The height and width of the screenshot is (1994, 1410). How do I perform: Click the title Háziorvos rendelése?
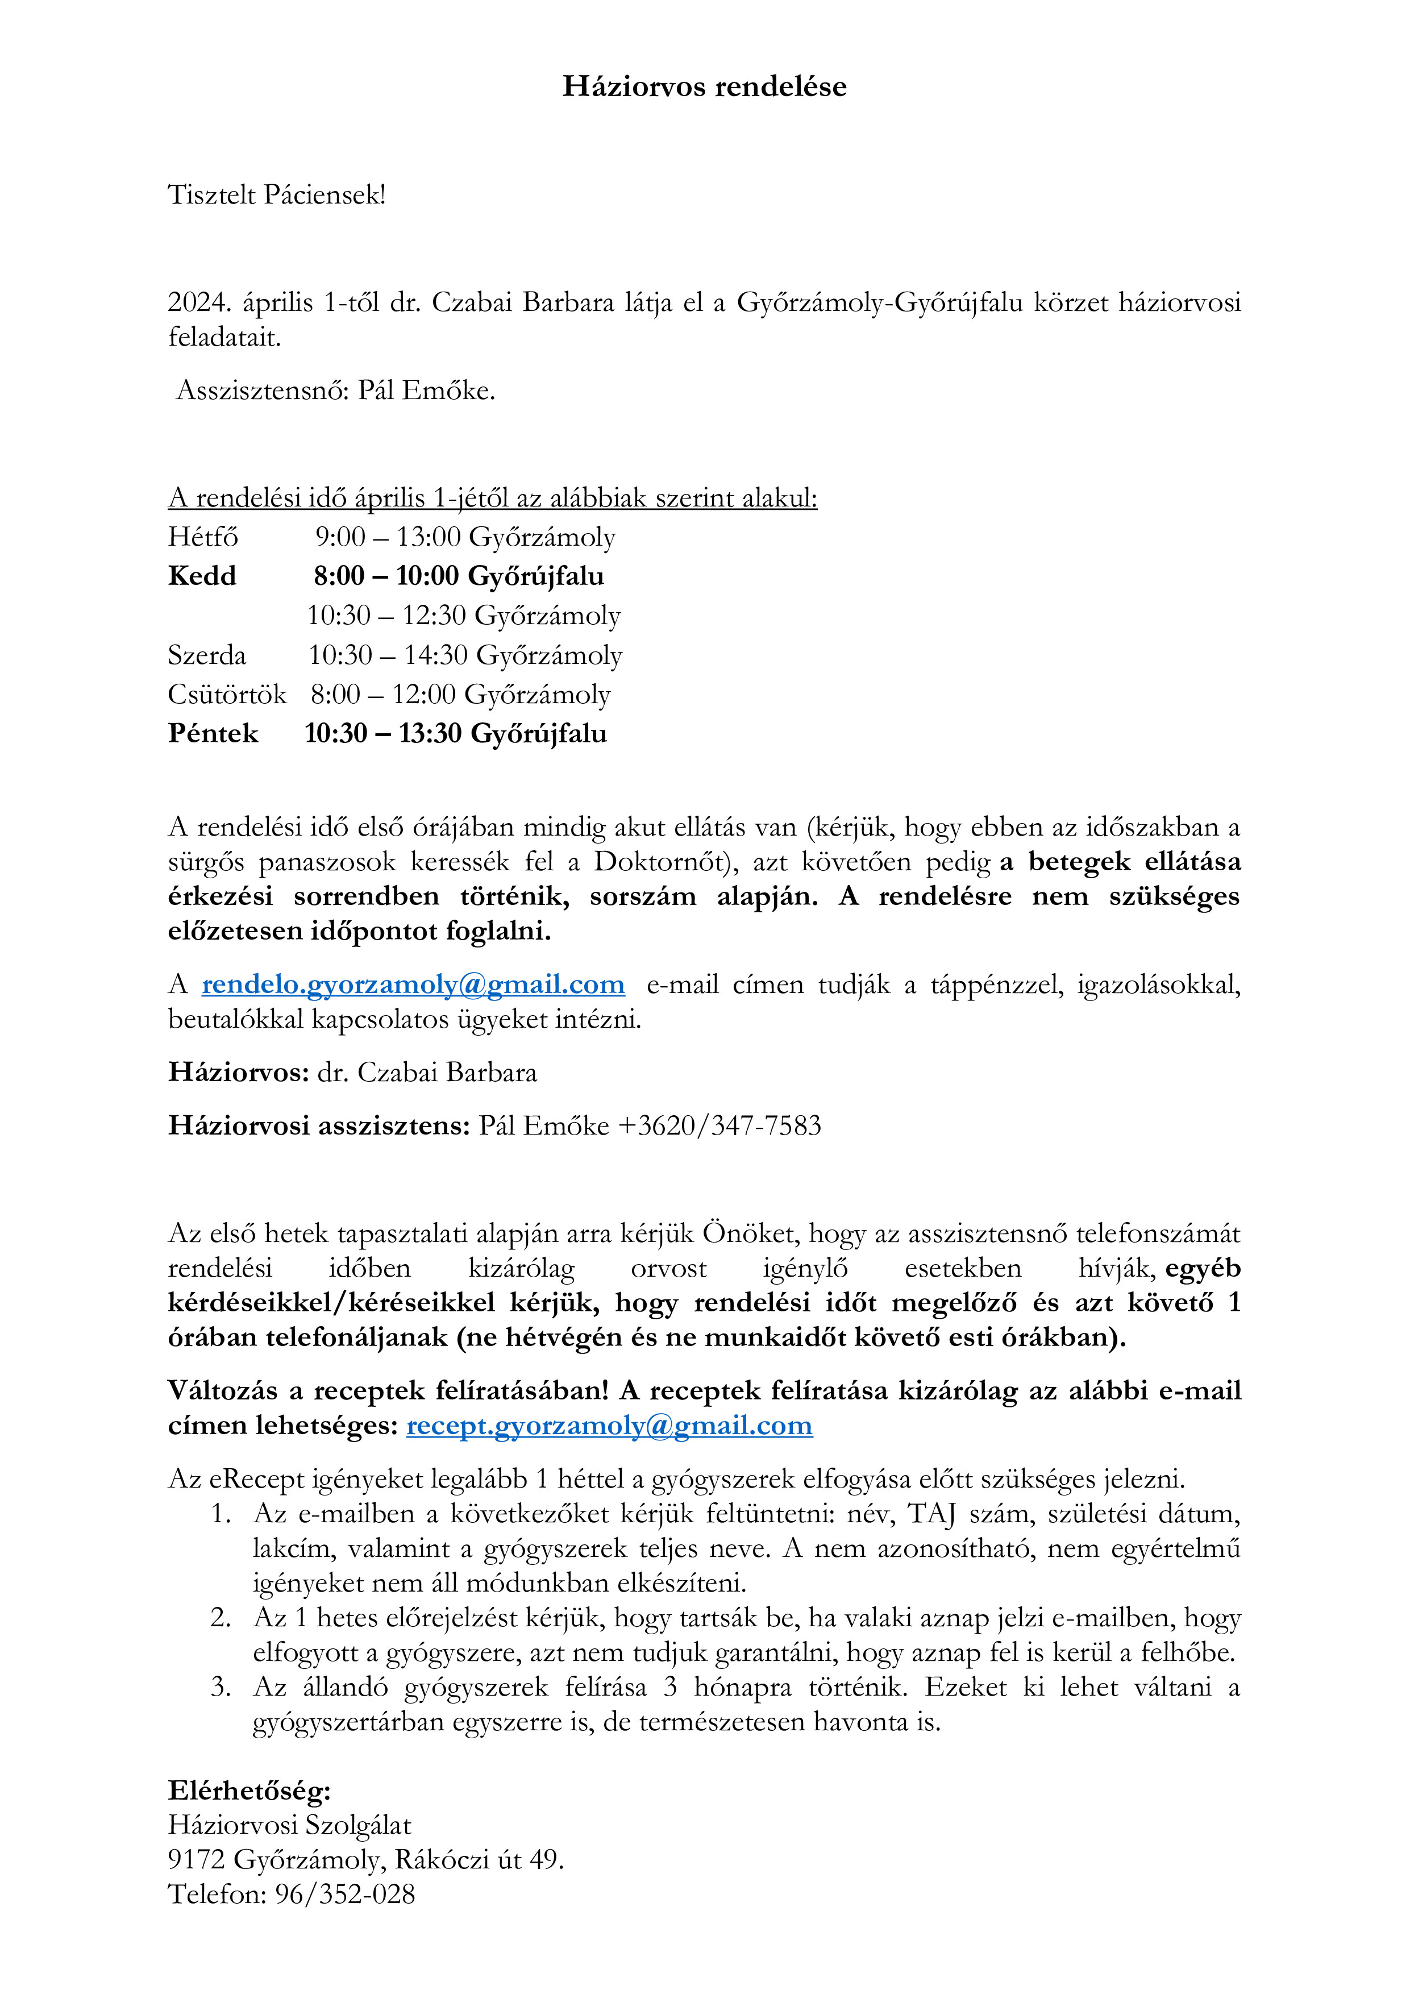[704, 86]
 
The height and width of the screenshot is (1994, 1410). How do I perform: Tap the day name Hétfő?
[203, 538]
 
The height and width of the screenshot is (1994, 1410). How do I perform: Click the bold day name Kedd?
[201, 577]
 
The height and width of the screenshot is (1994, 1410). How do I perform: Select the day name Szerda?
[207, 656]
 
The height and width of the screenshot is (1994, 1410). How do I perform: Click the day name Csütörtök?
[227, 695]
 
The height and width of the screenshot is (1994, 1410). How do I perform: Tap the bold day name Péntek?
[213, 734]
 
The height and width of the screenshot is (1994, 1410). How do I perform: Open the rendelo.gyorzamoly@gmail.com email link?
[413, 985]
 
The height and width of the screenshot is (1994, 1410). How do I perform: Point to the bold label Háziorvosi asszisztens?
[319, 1127]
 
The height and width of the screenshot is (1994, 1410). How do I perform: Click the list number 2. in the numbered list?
[221, 1618]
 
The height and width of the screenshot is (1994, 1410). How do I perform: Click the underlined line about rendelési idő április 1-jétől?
[492, 498]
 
